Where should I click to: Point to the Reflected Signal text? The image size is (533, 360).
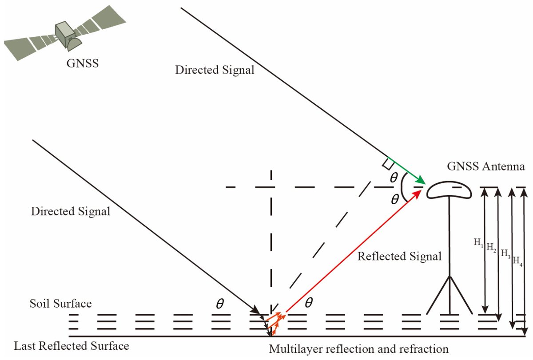coord(400,257)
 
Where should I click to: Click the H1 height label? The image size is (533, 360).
coord(478,243)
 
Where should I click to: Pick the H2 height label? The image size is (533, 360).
coord(491,246)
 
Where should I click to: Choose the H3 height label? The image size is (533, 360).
coord(505,253)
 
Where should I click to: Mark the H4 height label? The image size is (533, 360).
coord(517,260)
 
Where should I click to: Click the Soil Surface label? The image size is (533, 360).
coord(61,304)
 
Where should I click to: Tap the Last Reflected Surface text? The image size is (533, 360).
coord(72,346)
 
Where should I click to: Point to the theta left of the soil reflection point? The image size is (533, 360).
coord(219,304)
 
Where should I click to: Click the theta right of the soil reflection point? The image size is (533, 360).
coord(309,303)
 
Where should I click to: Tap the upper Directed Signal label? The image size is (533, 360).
coord(215,70)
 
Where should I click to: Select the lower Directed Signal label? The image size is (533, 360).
coord(70,211)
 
